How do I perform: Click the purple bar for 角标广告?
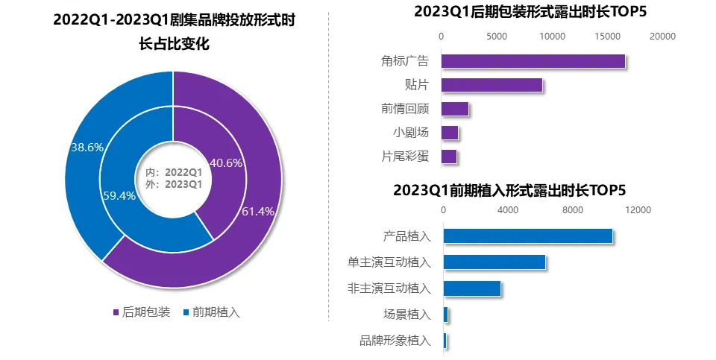(x=533, y=61)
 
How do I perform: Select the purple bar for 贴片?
(x=492, y=85)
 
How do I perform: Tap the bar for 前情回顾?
(x=455, y=109)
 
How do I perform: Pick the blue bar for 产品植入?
(x=527, y=236)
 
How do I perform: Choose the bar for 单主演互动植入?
(x=494, y=262)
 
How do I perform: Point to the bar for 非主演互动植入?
(x=471, y=288)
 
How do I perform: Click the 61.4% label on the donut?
(x=258, y=211)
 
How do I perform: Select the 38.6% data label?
(x=87, y=148)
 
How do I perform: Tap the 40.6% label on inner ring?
(x=226, y=162)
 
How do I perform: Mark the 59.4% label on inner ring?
(x=119, y=196)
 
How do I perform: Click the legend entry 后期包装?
(x=141, y=312)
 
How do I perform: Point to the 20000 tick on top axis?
(x=662, y=36)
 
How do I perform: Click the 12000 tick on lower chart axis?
(x=638, y=210)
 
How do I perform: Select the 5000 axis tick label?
(x=497, y=36)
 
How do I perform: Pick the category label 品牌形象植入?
(x=395, y=340)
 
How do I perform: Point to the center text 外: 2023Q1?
(x=174, y=183)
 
